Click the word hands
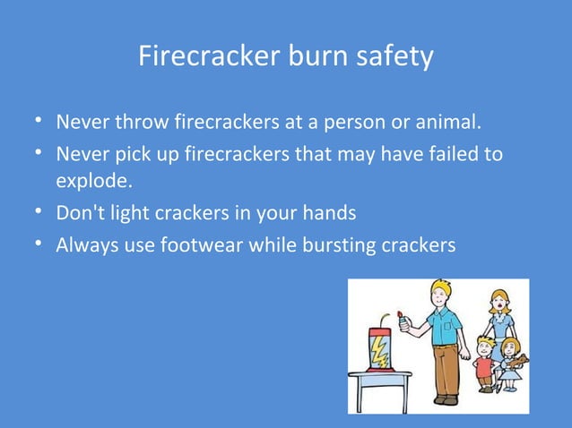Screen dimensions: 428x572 pyautogui.click(x=328, y=214)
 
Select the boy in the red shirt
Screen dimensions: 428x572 pyautogui.click(x=485, y=364)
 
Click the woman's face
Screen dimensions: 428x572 pyautogui.click(x=498, y=301)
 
